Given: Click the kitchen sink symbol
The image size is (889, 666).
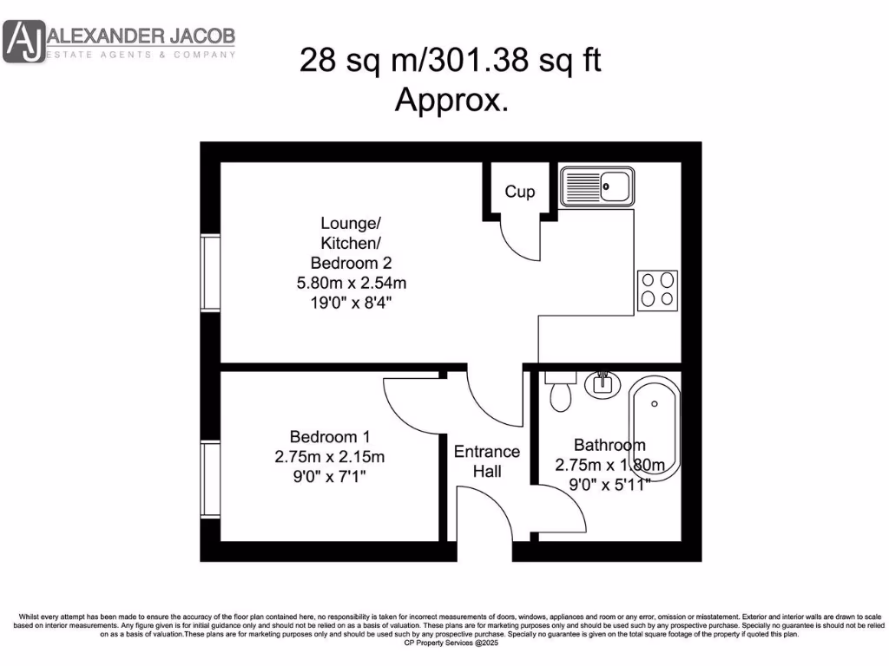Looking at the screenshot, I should [x=597, y=186].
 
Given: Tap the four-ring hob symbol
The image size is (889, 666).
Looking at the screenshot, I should [x=657, y=290].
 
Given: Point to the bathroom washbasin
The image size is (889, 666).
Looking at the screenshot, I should [x=601, y=383].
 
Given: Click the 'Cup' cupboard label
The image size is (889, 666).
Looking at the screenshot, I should [x=520, y=192].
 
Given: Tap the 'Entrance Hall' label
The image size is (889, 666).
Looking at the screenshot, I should [x=487, y=461].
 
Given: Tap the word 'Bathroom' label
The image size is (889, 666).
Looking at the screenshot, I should [x=609, y=445].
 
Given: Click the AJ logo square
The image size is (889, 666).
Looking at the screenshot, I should [x=23, y=42].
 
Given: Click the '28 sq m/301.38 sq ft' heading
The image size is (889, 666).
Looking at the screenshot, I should [x=451, y=61].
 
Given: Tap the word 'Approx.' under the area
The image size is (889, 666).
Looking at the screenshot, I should [x=451, y=100].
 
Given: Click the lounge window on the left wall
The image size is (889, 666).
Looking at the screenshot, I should [x=209, y=272].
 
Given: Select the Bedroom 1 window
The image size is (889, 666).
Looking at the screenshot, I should [x=209, y=480].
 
